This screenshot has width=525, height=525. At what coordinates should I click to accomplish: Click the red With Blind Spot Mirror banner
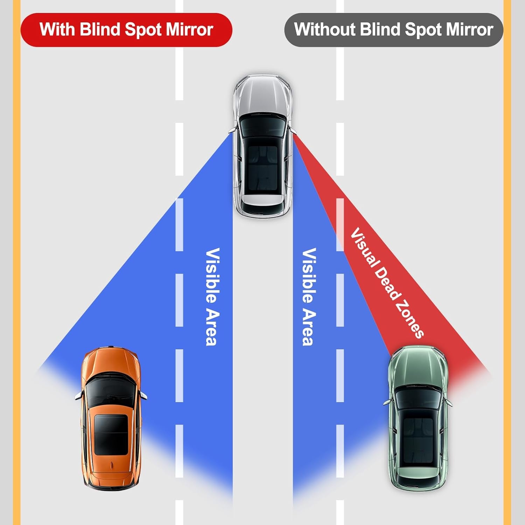point(126,30)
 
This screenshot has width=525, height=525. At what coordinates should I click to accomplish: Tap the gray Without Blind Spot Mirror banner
point(393,30)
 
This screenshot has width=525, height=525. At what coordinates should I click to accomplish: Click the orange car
point(111,416)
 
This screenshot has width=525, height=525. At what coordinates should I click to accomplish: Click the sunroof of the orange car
point(111,435)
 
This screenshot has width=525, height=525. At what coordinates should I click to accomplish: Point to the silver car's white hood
point(262,94)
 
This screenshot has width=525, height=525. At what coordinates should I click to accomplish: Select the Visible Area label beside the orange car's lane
point(212,297)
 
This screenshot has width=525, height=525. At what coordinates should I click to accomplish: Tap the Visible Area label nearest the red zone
point(309,297)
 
